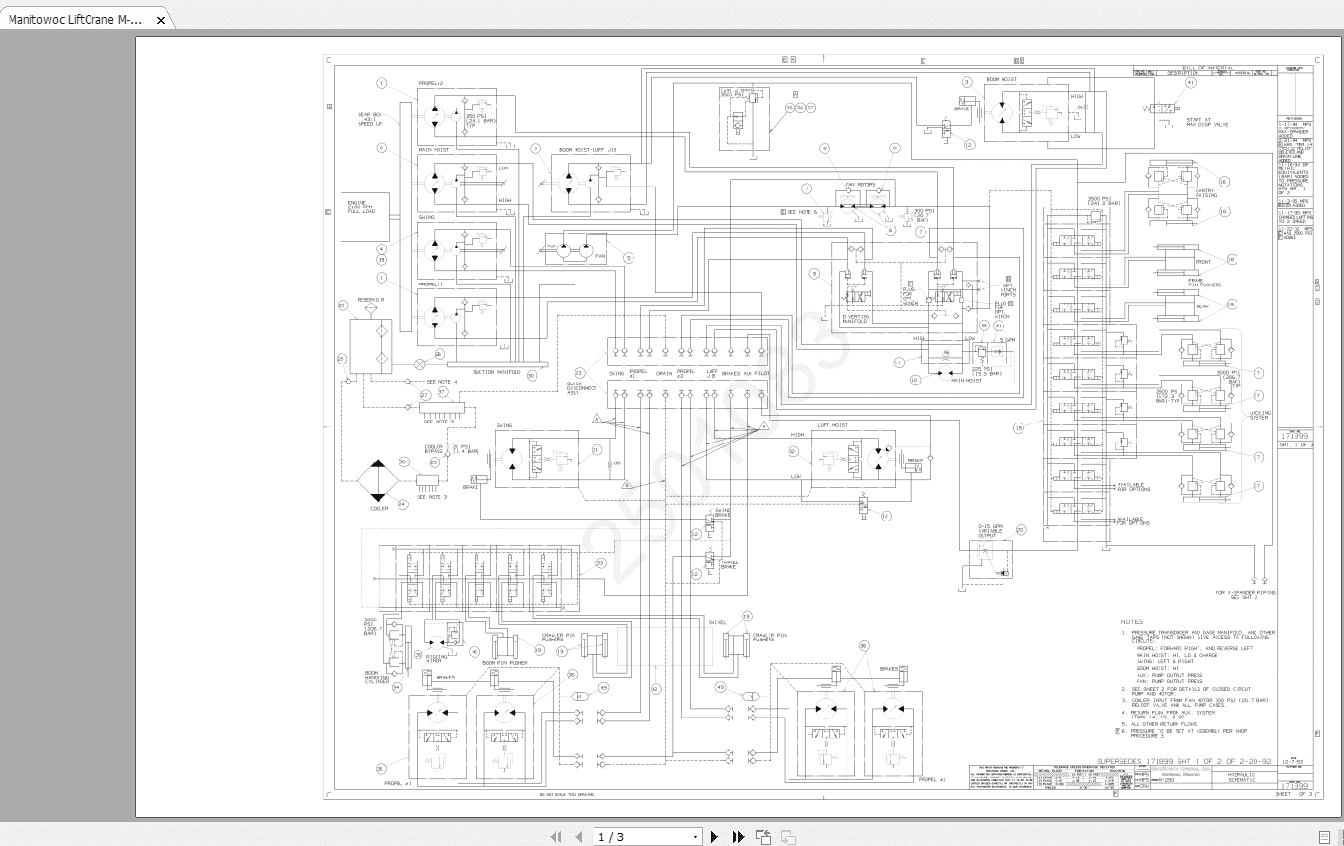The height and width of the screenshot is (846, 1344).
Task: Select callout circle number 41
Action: coord(1190,83)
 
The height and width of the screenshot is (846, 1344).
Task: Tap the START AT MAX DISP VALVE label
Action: coord(1207,123)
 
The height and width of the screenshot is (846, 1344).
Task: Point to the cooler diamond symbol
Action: coord(379,482)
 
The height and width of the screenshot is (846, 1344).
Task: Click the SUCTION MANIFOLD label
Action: coord(497,372)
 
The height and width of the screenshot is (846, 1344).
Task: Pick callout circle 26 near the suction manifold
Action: coord(438,354)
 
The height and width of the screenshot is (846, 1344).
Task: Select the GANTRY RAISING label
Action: coord(1205,193)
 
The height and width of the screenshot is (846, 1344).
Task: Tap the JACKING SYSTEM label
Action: coord(1259,415)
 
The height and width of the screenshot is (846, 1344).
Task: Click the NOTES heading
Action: coord(1132,621)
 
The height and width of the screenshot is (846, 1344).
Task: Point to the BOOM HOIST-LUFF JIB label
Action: coord(587,150)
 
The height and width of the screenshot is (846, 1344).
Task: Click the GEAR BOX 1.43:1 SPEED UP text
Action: coord(370,119)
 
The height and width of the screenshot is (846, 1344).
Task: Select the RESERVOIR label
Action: coord(371,300)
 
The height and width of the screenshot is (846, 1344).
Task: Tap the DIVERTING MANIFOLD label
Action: coord(855,319)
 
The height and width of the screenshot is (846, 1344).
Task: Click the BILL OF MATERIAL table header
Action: coord(1207,68)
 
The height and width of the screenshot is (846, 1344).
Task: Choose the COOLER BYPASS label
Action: coord(434,449)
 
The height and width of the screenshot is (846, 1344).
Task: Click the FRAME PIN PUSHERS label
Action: coord(1203,283)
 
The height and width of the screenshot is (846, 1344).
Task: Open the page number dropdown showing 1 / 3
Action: coord(647,836)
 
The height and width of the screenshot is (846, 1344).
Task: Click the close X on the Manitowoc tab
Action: coord(161,20)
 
